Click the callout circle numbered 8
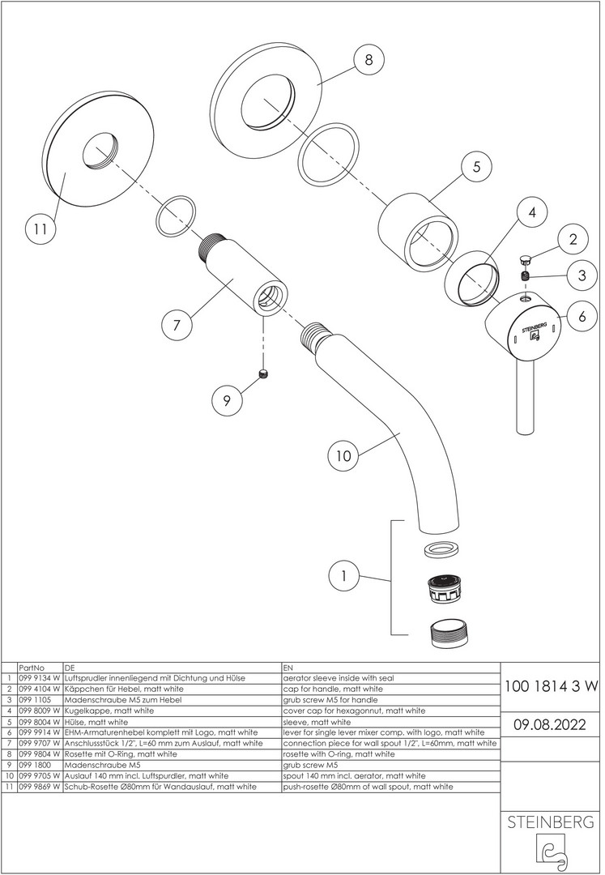pos(369,60)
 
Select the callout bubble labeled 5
pos(477,167)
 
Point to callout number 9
pos(226,399)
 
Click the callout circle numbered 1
pos(344,577)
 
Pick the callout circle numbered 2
pos(573,239)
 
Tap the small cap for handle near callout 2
pos(525,259)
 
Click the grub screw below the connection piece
pos(263,373)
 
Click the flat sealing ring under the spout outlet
pos(441,549)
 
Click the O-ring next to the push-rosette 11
pos(175,216)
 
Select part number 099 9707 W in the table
pos(39,743)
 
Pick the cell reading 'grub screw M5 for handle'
pos(328,699)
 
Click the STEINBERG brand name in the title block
pos(551,822)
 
